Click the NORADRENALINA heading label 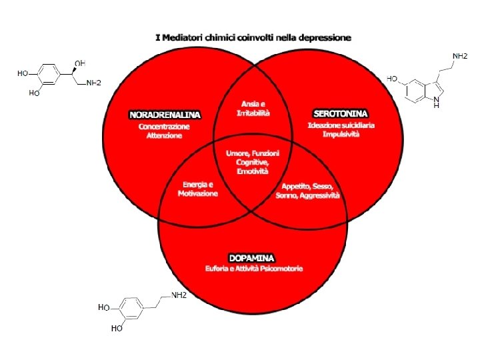point(164,114)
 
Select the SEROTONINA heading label point(340,114)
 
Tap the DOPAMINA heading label point(251,257)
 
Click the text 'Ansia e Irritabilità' point(253,109)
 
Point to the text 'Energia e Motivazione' point(197,189)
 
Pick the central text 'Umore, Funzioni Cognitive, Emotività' point(253,162)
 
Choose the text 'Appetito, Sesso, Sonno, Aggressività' point(307,191)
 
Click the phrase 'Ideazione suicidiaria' point(341,125)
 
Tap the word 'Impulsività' point(341,135)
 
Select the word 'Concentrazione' point(164,125)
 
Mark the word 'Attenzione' point(164,135)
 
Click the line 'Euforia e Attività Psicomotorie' point(254,269)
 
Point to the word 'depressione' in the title point(325,37)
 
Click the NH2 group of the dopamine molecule point(178,295)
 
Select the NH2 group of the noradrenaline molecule point(93,82)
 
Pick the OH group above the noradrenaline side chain point(79,63)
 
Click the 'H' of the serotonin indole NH point(436,105)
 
